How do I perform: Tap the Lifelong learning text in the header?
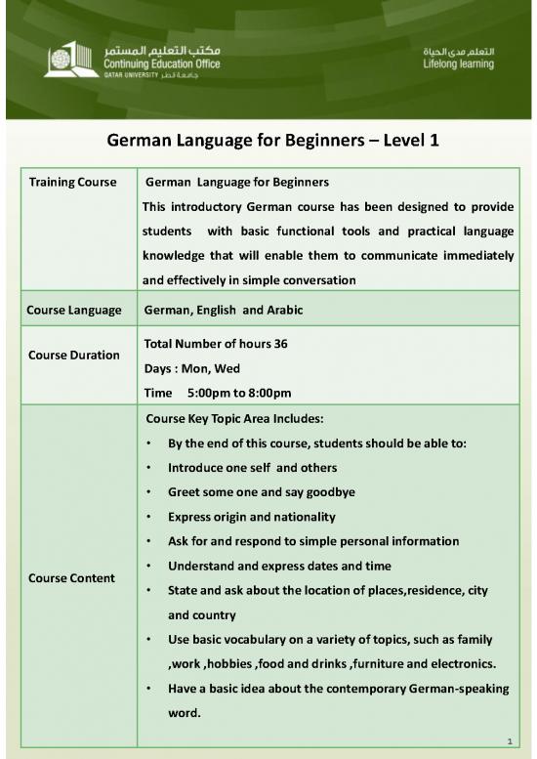click(x=458, y=64)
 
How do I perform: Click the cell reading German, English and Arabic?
click(x=224, y=310)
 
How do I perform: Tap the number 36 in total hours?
click(x=279, y=344)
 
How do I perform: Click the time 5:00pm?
click(x=209, y=393)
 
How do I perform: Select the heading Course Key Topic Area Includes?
click(x=234, y=418)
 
